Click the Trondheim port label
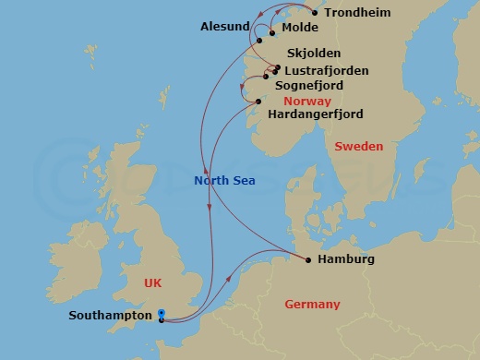357,13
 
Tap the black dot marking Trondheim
315,13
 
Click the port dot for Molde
272,33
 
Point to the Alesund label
225,27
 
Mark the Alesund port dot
259,40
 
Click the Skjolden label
314,54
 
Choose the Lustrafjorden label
327,70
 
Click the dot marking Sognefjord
267,77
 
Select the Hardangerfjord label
314,114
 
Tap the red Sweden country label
358,146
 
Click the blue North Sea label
224,181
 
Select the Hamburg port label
345,259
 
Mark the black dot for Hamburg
307,259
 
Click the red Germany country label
312,305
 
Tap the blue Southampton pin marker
162,315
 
